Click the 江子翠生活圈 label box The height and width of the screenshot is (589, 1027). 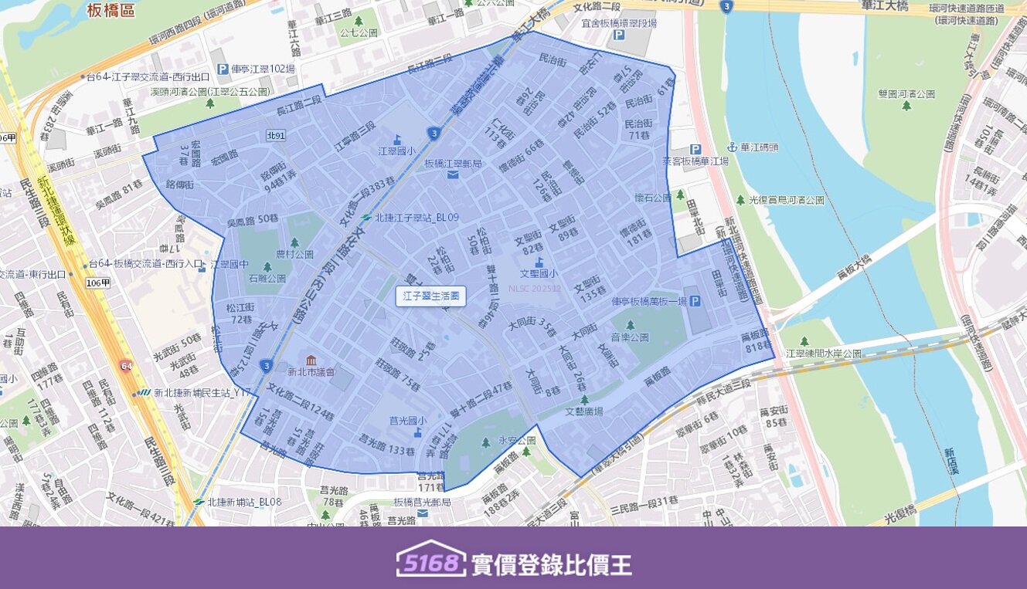[x=431, y=296]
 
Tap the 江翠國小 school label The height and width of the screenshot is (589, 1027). [x=397, y=151]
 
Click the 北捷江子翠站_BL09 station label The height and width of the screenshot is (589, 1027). [x=416, y=218]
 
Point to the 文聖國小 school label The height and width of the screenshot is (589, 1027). [x=539, y=272]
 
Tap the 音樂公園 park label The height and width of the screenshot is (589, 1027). [x=630, y=337]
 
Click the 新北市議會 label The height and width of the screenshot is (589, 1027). [x=311, y=372]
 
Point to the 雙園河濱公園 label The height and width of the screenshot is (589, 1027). [x=906, y=94]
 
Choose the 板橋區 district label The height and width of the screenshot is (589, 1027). [x=111, y=10]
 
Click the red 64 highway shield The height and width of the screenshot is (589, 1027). [x=126, y=364]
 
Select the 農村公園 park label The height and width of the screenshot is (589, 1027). [x=294, y=253]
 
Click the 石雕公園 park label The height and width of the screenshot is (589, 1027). [x=267, y=278]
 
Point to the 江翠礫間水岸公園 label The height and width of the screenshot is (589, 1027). [x=823, y=354]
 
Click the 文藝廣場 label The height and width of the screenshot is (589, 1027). [x=584, y=411]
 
